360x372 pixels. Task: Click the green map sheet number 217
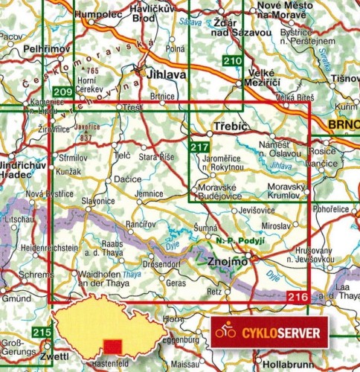pyautogui.click(x=199, y=147)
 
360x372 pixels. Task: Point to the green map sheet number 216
pyautogui.click(x=296, y=298)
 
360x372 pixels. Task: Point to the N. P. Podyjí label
pyautogui.click(x=234, y=242)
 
